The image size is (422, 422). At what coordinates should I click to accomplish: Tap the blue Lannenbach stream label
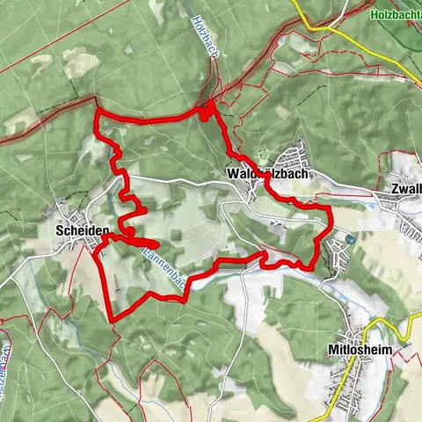tap(158, 268)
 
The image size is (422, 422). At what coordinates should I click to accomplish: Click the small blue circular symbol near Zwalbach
tap(350, 239)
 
